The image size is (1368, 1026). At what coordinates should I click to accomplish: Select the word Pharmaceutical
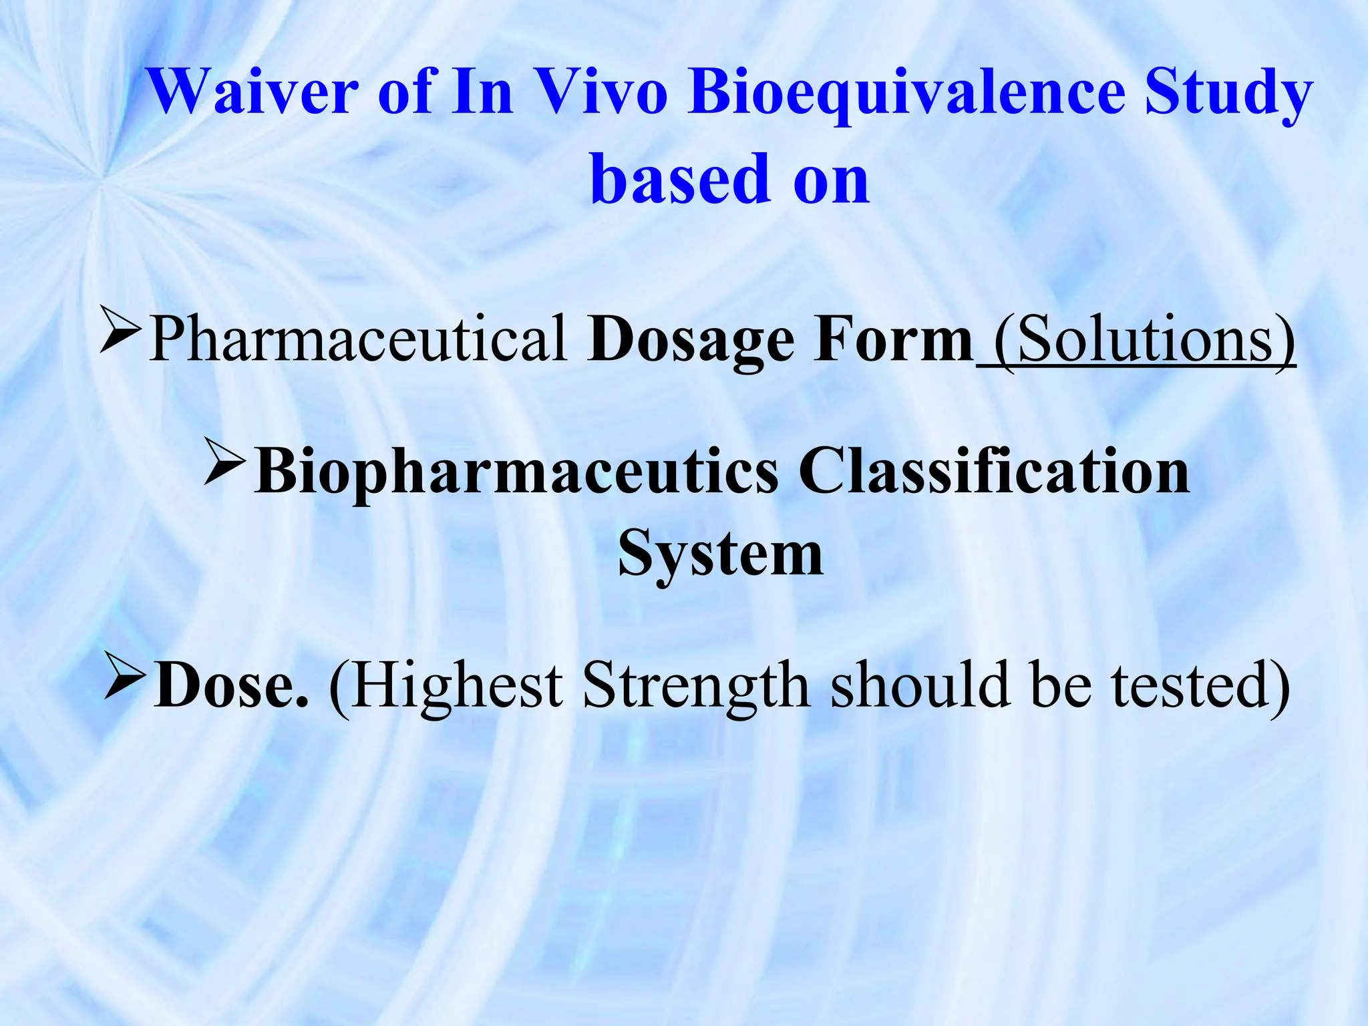[358, 340]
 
